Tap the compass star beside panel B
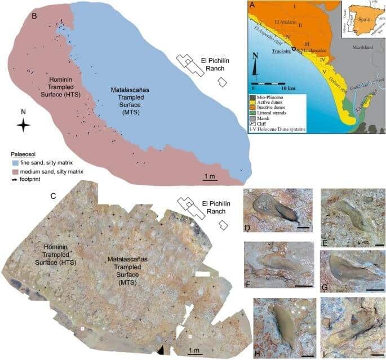point(23,126)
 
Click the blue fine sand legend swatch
point(16,163)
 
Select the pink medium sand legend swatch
point(16,171)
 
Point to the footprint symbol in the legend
point(16,179)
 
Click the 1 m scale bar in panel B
point(210,181)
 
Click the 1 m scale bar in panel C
point(194,354)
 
